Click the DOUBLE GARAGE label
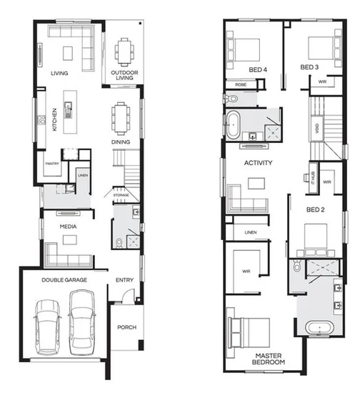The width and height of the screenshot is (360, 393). [x=64, y=280]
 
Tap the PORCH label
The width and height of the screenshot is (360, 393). [x=126, y=327]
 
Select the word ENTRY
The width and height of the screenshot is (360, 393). [x=124, y=280]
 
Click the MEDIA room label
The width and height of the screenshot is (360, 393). [x=69, y=227]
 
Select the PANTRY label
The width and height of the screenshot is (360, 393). [x=51, y=164]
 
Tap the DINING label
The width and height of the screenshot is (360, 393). [x=120, y=142]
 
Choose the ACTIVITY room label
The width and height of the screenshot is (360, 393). [x=259, y=163]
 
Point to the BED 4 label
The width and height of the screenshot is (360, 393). [x=258, y=69]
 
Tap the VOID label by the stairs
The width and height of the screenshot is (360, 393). [x=316, y=129]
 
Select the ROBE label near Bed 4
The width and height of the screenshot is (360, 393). [x=240, y=84]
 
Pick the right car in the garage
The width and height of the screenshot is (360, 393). [x=81, y=327]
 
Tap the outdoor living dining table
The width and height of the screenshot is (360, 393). [x=125, y=50]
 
